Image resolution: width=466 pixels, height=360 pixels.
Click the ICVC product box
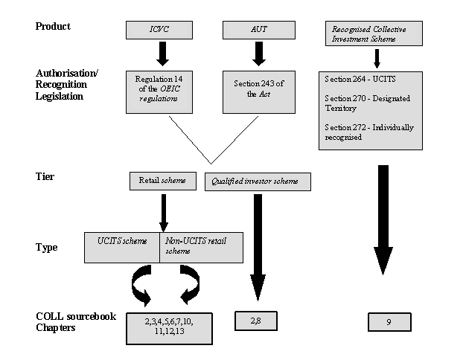(x=159, y=30)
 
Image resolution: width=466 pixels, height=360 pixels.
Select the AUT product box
(x=259, y=30)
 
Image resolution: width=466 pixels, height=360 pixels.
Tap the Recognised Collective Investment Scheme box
(x=374, y=33)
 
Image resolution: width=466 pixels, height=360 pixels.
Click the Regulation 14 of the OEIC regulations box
(x=159, y=92)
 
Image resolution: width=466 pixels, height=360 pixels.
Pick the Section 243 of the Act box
(x=259, y=92)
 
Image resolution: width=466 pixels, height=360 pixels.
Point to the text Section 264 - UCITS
(x=360, y=79)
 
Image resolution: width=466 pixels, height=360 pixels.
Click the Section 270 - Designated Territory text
(x=367, y=103)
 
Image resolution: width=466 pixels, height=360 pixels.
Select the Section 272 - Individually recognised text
(x=369, y=132)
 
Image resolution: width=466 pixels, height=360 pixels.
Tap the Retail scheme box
(x=163, y=181)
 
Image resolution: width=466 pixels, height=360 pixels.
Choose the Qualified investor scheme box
(x=258, y=181)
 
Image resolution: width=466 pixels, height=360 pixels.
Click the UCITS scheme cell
(x=122, y=248)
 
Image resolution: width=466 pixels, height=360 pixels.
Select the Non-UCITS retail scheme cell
(x=202, y=248)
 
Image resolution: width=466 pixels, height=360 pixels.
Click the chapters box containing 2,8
(x=256, y=321)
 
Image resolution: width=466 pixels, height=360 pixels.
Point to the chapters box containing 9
(x=389, y=321)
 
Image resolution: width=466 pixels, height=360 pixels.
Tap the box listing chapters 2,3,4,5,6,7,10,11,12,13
(x=169, y=329)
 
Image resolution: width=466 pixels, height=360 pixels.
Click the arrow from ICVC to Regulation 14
(x=162, y=54)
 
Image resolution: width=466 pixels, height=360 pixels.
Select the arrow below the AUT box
(x=259, y=54)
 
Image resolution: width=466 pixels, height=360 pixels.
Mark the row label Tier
(x=45, y=176)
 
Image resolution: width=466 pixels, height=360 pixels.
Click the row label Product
(x=53, y=26)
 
